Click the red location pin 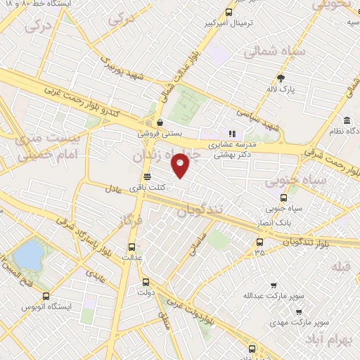181,165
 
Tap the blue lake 28,255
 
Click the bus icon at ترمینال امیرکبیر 229,12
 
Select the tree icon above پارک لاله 281,77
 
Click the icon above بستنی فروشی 161,121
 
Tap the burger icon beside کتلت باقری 146,176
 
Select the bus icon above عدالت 131,246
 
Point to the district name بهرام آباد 324,340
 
